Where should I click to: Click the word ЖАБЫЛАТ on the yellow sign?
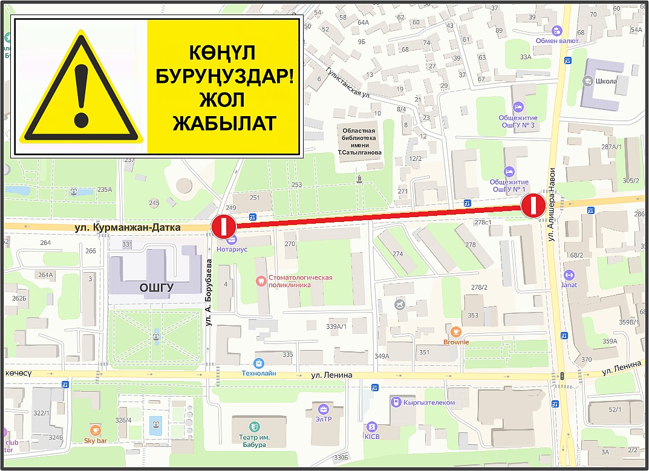tap(224, 123)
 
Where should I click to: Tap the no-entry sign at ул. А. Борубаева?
tap(223, 227)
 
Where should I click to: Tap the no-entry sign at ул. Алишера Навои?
tap(534, 206)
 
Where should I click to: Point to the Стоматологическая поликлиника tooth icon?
tap(261, 281)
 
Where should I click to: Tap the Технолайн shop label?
tap(259, 373)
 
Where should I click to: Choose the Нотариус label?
tap(233, 248)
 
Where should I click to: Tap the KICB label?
tap(371, 436)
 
